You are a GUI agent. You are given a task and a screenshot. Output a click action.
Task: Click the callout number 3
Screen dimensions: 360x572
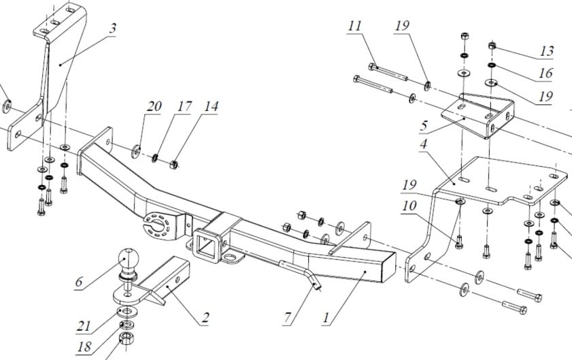click(112, 29)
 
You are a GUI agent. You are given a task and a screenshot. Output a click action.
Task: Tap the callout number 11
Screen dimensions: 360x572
click(354, 26)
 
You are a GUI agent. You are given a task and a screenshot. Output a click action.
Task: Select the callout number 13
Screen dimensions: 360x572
click(546, 50)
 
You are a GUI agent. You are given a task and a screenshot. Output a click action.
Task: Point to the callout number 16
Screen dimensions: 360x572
click(545, 73)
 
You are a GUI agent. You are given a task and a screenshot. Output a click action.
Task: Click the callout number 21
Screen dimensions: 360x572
click(84, 325)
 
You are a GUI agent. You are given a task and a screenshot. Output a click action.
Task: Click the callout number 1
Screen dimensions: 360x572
click(328, 316)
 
